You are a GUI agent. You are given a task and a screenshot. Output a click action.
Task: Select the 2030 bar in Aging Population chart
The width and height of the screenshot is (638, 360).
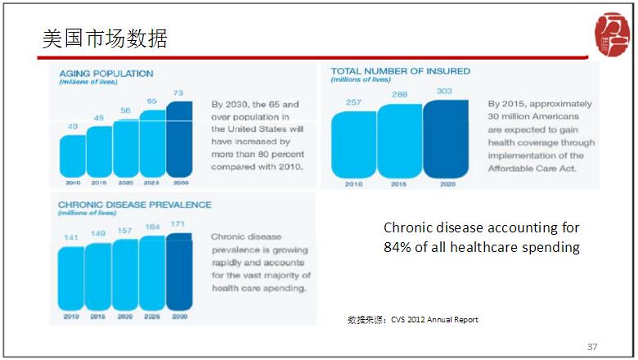click(x=179, y=139)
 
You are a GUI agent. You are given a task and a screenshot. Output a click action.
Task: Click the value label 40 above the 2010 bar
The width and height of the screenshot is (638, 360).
click(x=72, y=126)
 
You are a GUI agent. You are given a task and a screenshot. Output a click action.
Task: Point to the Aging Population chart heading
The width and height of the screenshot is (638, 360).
click(x=106, y=74)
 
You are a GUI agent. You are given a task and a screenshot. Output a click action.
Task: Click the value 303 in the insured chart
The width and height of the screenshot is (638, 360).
click(x=446, y=91)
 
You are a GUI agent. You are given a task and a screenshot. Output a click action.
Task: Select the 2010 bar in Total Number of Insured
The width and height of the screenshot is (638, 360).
click(x=353, y=143)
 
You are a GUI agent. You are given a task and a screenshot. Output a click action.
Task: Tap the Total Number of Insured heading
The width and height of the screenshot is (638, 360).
click(x=400, y=71)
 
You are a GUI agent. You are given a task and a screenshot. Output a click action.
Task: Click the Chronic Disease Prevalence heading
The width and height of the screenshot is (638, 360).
click(x=134, y=205)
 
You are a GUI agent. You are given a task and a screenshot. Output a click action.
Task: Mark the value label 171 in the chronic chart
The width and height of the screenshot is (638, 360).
click(x=179, y=223)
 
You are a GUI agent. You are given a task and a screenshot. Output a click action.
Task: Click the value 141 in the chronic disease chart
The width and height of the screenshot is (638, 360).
click(x=72, y=238)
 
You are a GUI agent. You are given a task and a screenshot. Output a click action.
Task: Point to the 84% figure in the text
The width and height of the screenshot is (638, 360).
click(x=399, y=247)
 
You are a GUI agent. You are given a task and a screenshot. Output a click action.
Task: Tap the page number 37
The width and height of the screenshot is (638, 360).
click(x=592, y=347)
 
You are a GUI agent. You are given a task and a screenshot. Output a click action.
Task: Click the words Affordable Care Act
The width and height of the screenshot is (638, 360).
click(x=532, y=169)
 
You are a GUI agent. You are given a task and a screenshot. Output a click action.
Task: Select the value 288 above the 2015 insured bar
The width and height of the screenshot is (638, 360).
click(x=400, y=95)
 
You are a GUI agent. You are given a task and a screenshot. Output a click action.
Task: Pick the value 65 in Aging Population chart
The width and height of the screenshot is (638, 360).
click(x=152, y=101)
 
